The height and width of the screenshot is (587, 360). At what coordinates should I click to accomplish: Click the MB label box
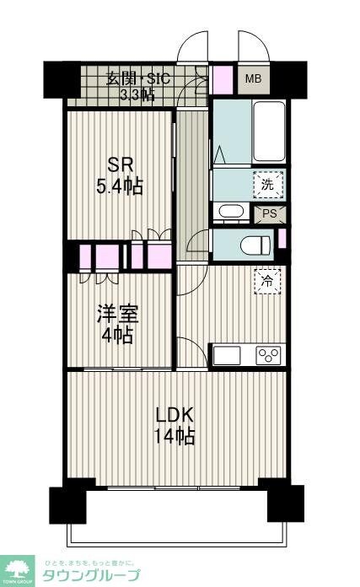click(252, 79)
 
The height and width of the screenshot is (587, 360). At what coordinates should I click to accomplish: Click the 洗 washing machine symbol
click(267, 183)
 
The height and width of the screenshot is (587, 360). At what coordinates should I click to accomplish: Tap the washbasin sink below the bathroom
click(228, 212)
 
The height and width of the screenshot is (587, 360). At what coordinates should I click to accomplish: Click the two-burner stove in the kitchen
click(269, 355)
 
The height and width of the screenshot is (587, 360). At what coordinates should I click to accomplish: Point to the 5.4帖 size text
click(118, 186)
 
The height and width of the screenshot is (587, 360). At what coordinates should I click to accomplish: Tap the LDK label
click(175, 415)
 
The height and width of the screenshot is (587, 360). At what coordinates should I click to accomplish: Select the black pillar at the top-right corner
click(292, 79)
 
